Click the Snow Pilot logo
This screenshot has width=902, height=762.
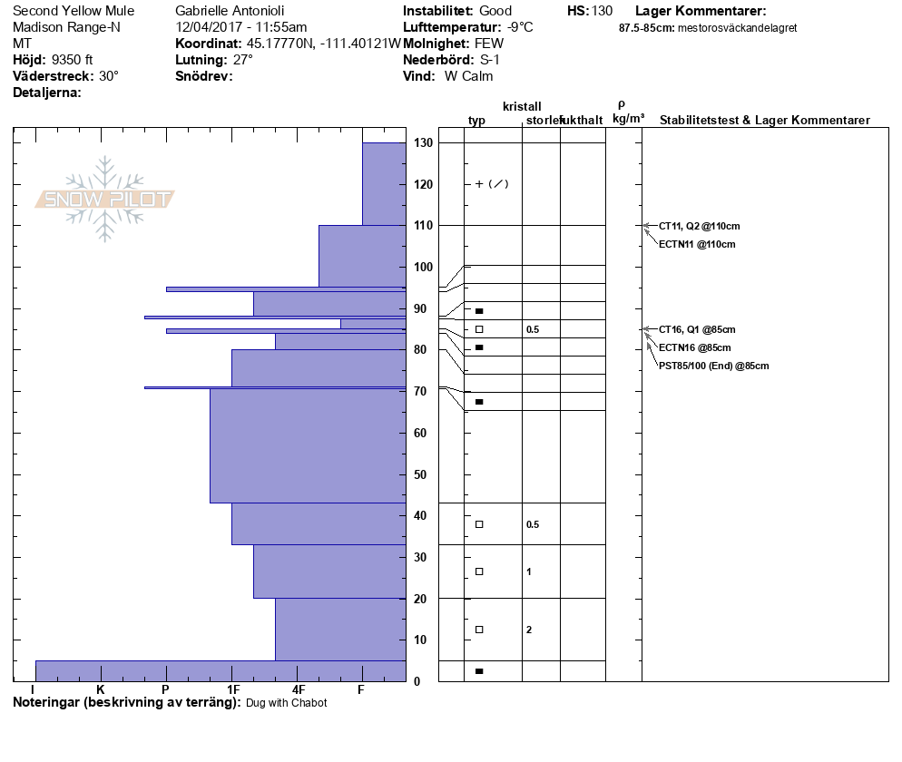(x=105, y=199)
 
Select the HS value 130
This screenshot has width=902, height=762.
(x=602, y=11)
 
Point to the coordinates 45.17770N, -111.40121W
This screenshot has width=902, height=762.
(x=323, y=44)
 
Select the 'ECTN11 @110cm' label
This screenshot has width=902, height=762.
(x=697, y=244)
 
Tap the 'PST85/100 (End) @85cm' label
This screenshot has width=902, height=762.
(x=714, y=366)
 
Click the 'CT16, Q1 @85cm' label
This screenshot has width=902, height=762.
(x=697, y=329)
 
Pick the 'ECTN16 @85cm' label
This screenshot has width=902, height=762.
(x=695, y=347)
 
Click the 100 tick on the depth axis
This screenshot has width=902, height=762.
(x=422, y=268)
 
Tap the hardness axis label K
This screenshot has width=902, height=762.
(x=101, y=690)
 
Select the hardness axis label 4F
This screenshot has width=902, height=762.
(x=297, y=690)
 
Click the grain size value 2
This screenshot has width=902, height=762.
(x=529, y=630)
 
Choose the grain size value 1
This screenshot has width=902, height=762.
(x=529, y=571)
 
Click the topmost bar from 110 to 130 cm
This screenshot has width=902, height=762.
(x=384, y=184)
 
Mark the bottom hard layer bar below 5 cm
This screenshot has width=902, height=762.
(x=220, y=670)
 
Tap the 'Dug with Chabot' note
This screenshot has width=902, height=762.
(x=287, y=703)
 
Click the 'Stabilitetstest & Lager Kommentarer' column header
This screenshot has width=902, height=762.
(x=764, y=121)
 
